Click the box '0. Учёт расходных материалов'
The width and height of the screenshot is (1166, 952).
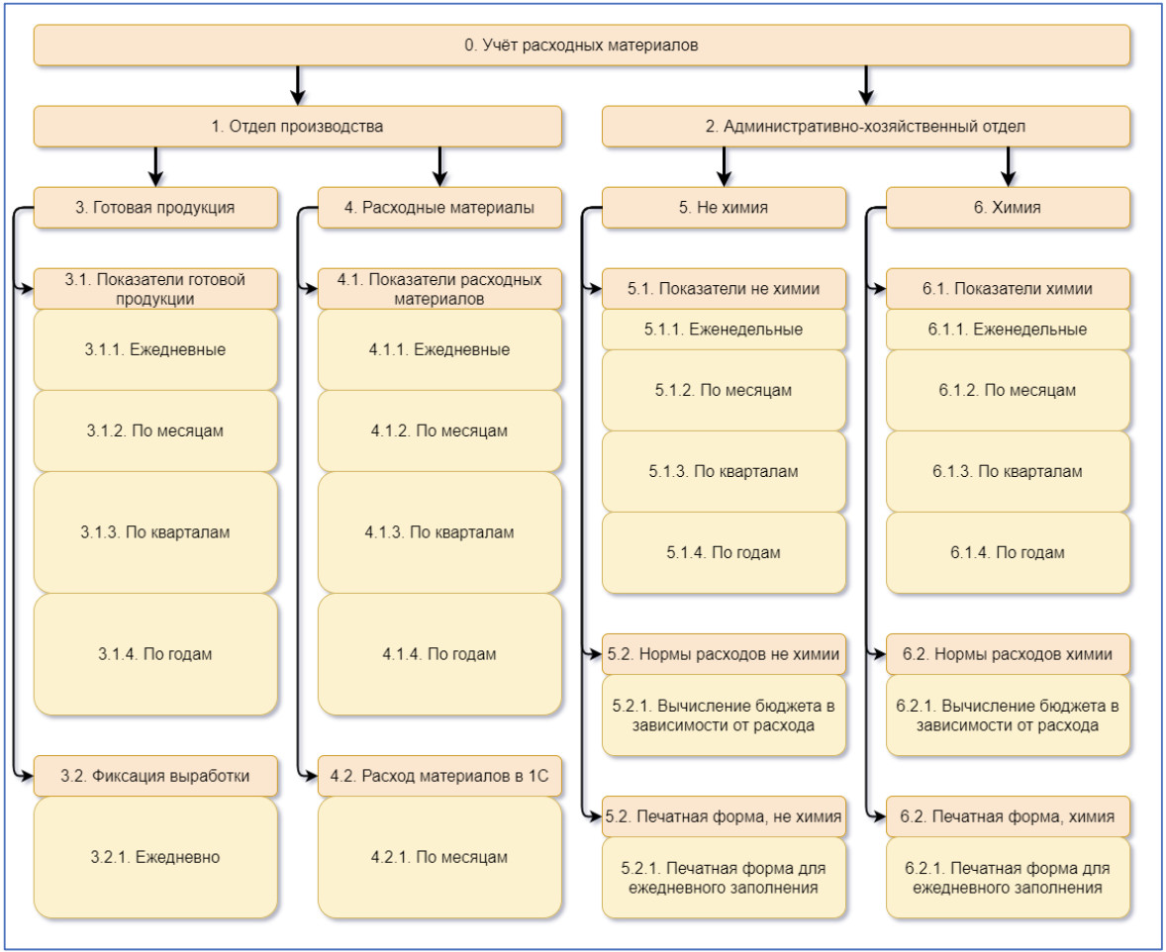(x=581, y=46)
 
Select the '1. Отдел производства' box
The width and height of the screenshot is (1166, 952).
(x=298, y=127)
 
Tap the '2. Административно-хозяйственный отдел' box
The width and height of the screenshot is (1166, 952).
(x=865, y=127)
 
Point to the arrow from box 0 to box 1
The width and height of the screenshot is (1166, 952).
(x=298, y=85)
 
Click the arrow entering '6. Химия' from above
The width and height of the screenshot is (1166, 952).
(x=1008, y=166)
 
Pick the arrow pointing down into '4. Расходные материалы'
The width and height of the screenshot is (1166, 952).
(x=439, y=166)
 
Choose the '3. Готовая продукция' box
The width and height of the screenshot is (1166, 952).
(x=155, y=208)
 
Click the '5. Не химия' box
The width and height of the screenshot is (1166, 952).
(x=724, y=208)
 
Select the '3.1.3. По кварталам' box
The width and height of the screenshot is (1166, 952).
(x=155, y=532)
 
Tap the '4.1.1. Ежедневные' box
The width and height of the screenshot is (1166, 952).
(x=439, y=349)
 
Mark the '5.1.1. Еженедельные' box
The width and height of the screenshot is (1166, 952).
(x=724, y=330)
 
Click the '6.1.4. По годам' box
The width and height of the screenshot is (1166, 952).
(x=1008, y=552)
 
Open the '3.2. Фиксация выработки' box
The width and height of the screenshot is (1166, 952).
(x=155, y=776)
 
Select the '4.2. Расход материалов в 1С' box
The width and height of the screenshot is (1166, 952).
(x=439, y=776)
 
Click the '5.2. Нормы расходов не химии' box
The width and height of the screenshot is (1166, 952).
(x=724, y=654)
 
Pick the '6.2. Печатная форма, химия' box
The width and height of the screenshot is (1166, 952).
(x=1008, y=816)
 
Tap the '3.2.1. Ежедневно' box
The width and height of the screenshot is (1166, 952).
(x=155, y=858)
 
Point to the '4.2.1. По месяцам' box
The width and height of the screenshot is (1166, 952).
(x=439, y=858)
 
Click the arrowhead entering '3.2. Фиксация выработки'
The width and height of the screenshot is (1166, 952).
(x=28, y=776)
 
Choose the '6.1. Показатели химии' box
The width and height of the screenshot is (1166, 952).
(x=1008, y=289)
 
